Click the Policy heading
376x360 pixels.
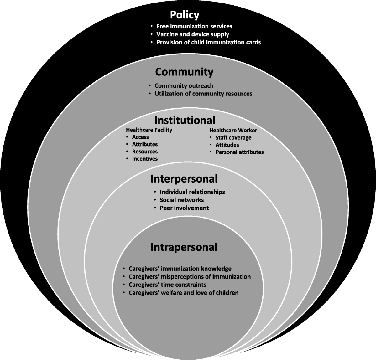(185, 15)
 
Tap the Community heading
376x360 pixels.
(184, 72)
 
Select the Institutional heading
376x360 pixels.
(185, 120)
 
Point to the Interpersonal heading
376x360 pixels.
(184, 179)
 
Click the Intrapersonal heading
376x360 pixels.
(184, 247)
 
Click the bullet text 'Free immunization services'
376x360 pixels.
(194, 26)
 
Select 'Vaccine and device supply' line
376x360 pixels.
(193, 34)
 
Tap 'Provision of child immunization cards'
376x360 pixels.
(208, 42)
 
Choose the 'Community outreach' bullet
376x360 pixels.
(184, 85)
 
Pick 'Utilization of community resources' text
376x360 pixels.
(203, 93)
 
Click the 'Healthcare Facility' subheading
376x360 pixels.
(149, 130)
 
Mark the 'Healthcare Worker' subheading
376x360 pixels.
(233, 130)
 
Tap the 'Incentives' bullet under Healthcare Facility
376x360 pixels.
(145, 159)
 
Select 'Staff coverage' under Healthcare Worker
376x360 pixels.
(233, 137)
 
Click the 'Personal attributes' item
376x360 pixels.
(239, 152)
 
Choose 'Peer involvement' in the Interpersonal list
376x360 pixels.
(184, 208)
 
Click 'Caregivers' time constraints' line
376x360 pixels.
(167, 285)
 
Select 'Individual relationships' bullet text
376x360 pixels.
(192, 192)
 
